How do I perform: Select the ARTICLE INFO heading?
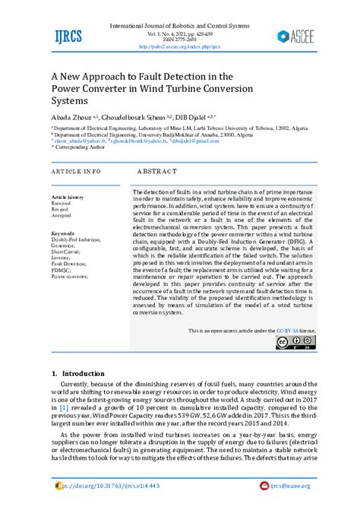pos(75,172)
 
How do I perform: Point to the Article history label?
pos(68,197)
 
